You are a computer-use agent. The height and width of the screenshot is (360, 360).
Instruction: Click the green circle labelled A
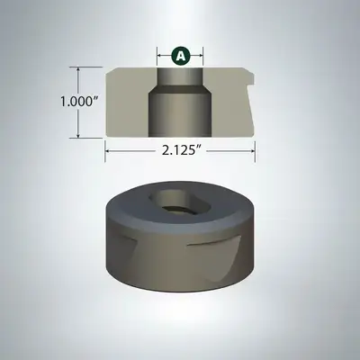click(x=180, y=56)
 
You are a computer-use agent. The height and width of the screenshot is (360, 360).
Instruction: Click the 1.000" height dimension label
click(x=76, y=102)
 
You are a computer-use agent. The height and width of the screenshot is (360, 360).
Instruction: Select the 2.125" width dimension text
click(x=181, y=151)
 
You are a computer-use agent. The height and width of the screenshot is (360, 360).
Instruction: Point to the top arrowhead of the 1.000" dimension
click(x=78, y=70)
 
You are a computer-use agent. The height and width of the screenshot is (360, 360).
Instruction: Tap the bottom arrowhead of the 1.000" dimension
click(x=78, y=135)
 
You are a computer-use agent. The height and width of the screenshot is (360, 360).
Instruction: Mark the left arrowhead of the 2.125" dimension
click(x=108, y=151)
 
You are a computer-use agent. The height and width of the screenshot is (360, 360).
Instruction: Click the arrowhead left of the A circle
click(x=160, y=56)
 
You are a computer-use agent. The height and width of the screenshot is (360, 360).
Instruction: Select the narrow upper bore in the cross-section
click(x=180, y=76)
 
